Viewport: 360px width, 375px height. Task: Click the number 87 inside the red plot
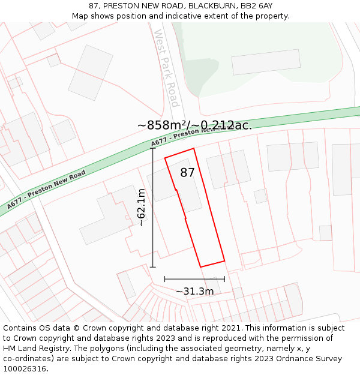coord(188,173)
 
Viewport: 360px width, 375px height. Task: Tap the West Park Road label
coord(166,68)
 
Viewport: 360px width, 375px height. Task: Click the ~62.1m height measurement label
coord(141,208)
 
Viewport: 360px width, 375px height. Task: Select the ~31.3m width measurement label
coord(194,292)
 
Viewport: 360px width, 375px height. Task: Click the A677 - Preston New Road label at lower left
coord(47,189)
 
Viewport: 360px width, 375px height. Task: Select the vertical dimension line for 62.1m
coord(152,210)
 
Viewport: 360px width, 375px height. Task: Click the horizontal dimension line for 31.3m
coord(194,279)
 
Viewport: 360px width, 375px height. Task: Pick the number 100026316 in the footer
coord(25,368)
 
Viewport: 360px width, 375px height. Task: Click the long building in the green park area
coord(266,62)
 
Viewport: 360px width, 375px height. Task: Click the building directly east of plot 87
coord(229,169)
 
